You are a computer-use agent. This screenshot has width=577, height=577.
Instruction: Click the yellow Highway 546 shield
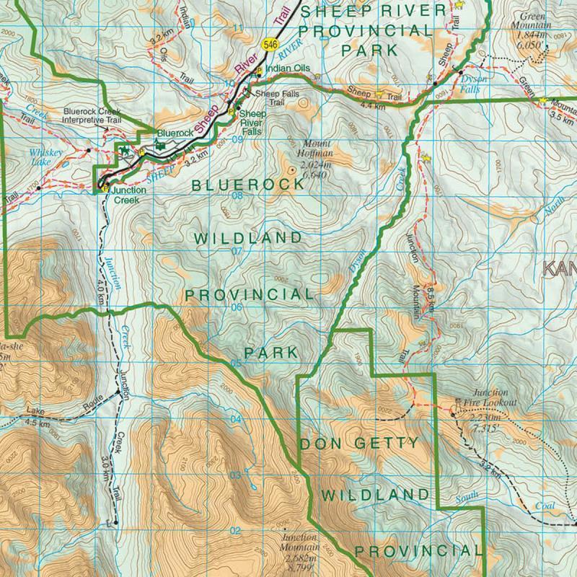(x=270, y=45)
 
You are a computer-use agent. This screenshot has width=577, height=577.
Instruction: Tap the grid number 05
(x=235, y=363)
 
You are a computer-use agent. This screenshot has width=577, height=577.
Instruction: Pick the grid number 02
(x=234, y=532)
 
